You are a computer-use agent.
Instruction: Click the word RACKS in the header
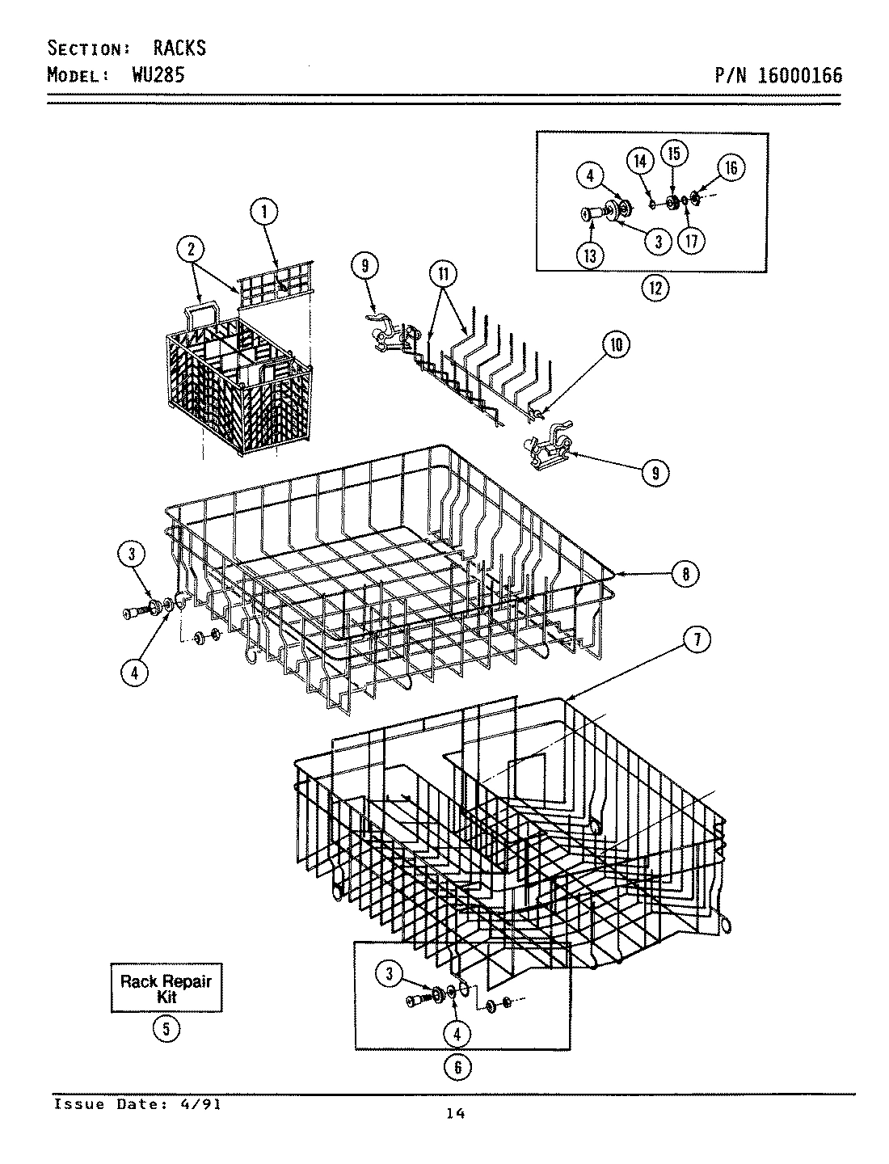click(x=179, y=48)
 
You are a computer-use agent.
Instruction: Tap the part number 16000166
click(x=801, y=76)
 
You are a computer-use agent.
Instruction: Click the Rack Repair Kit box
click(x=166, y=989)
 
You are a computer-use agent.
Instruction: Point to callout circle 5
click(x=166, y=1029)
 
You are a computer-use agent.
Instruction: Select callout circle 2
click(x=192, y=250)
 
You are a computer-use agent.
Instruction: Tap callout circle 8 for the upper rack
click(x=685, y=574)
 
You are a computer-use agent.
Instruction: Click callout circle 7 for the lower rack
click(x=696, y=639)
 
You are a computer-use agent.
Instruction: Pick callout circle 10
click(x=616, y=345)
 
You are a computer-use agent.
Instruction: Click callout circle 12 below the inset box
click(x=655, y=287)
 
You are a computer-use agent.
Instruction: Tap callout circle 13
click(x=590, y=255)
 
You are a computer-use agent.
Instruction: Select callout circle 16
click(x=730, y=168)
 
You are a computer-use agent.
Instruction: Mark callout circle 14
click(x=640, y=161)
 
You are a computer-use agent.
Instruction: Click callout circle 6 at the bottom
click(x=457, y=1067)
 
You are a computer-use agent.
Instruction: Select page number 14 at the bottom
click(x=455, y=1114)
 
